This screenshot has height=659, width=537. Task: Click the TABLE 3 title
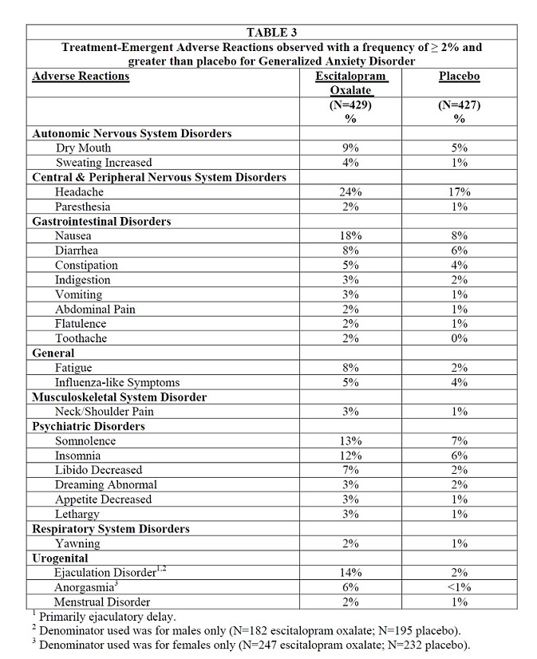271,33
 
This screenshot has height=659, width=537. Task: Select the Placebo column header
460,77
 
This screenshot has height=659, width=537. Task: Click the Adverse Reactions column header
81,77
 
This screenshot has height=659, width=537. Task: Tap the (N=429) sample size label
351,105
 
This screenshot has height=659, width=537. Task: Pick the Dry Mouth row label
83,148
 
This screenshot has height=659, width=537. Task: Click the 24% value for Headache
351,192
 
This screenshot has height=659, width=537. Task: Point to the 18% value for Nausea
351,236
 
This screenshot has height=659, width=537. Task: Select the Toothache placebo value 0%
460,338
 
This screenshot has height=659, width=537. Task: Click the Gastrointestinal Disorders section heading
101,221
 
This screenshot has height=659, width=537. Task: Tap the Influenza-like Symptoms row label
117,382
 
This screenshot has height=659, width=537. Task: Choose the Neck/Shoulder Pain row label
105,412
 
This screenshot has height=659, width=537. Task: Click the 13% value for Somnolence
351,441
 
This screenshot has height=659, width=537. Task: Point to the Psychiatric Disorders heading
89,426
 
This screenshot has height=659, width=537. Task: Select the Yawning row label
77,543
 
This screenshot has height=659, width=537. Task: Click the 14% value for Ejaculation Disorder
351,573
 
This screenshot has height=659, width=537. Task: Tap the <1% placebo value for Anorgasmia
460,587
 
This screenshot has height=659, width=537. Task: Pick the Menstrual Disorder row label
102,602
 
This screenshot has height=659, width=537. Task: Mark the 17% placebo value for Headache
460,192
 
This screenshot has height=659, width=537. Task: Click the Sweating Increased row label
104,163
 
